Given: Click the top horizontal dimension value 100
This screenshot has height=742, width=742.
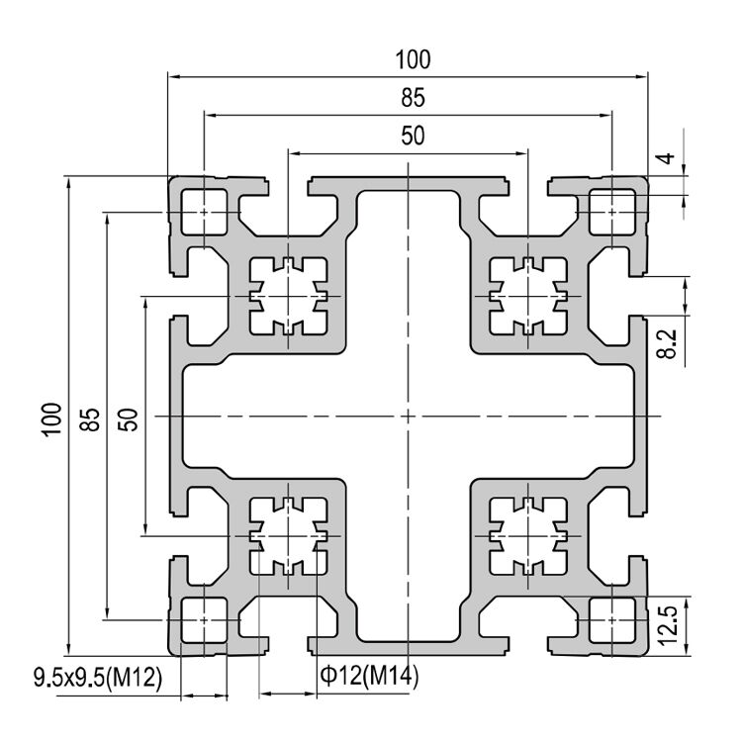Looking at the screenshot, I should coord(413,59).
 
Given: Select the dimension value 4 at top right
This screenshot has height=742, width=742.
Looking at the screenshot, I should coord(669,158).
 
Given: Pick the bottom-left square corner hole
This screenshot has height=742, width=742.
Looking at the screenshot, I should coord(204,620).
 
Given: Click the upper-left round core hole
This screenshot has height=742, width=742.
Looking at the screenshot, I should coord(288,297).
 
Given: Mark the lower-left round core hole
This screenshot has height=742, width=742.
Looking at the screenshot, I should coord(288,536).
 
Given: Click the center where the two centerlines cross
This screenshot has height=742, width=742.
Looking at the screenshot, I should coord(408,417).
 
